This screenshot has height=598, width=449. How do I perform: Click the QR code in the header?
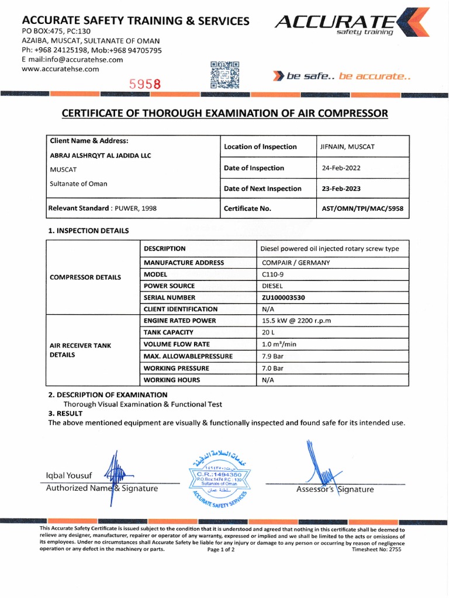(x=224, y=75)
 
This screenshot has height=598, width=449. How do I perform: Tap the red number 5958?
(x=145, y=85)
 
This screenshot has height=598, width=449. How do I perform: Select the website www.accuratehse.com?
(x=60, y=69)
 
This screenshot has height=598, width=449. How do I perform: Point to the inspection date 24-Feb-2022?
(x=341, y=168)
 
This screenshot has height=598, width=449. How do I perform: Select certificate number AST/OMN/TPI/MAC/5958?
(x=362, y=208)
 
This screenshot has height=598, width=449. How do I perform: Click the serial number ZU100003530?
(x=284, y=298)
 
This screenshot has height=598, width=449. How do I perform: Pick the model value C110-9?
(x=272, y=274)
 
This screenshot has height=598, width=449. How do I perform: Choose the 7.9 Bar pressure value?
(x=272, y=356)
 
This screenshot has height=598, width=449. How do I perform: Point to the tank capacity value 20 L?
(x=268, y=332)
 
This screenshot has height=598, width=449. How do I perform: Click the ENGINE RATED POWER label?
(x=179, y=321)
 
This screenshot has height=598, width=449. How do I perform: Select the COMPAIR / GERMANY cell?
(x=296, y=263)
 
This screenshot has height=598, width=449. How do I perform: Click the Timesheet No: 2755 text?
(x=377, y=550)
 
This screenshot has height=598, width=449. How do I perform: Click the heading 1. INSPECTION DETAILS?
(x=88, y=231)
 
